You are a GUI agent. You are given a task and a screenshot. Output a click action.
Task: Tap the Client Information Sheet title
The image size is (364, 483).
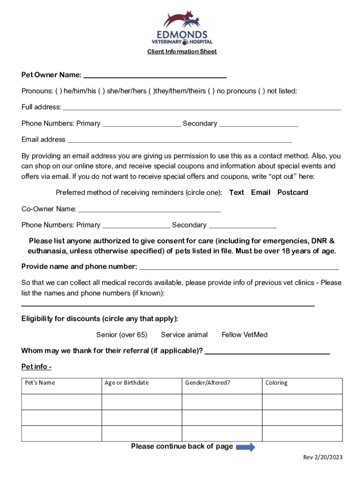(x=182, y=51)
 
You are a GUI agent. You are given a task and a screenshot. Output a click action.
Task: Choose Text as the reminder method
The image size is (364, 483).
(x=236, y=192)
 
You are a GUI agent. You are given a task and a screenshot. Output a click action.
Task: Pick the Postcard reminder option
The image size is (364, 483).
(x=293, y=192)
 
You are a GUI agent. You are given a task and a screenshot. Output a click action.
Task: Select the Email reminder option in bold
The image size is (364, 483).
(x=260, y=192)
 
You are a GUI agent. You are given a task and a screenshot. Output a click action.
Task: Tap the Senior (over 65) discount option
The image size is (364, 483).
(x=121, y=335)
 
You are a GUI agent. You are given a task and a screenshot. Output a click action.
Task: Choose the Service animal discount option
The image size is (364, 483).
(x=184, y=335)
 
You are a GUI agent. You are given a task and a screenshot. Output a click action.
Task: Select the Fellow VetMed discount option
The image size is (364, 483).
(x=244, y=335)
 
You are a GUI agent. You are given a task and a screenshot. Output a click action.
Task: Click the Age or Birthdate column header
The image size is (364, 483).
(x=126, y=383)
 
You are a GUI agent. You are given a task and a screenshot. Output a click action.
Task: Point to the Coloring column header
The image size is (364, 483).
(x=276, y=383)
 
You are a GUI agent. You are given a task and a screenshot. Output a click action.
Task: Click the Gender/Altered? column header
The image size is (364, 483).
(x=208, y=383)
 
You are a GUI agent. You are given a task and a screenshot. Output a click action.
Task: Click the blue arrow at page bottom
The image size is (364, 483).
(x=245, y=447)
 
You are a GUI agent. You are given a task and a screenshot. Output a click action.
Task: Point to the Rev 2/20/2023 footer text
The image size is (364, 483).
(x=322, y=458)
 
